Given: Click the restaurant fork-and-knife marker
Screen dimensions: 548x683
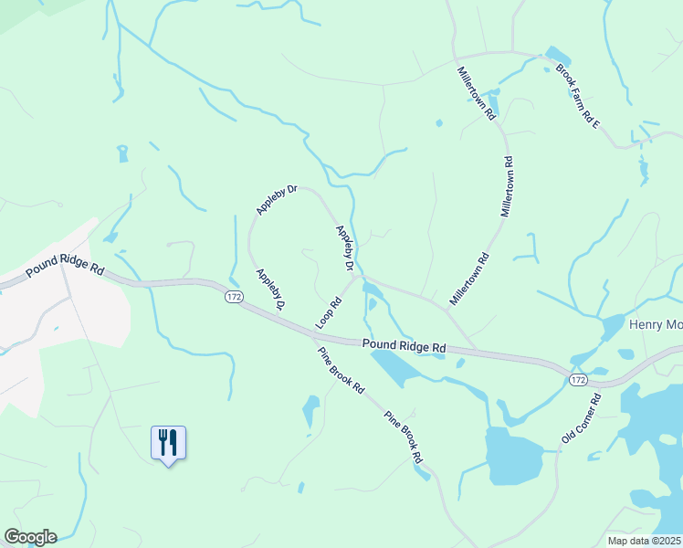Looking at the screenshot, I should pyautogui.click(x=168, y=443).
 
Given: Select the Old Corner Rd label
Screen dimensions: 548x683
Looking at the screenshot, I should pyautogui.click(x=581, y=419).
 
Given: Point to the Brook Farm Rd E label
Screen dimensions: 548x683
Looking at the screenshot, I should pyautogui.click(x=583, y=95).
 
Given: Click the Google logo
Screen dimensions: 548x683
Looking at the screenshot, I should pyautogui.click(x=30, y=537).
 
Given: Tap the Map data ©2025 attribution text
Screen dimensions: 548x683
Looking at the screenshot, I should pyautogui.click(x=644, y=541).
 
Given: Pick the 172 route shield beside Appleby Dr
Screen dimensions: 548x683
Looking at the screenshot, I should pyautogui.click(x=234, y=297).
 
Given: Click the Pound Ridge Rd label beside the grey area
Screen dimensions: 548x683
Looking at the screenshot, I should pyautogui.click(x=66, y=266).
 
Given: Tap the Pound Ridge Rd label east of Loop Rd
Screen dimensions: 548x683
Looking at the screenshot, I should pyautogui.click(x=404, y=347).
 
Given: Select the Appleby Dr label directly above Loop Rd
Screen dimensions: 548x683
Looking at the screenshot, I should pyautogui.click(x=344, y=248).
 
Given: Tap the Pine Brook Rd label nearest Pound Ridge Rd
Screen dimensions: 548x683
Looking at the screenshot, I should pyautogui.click(x=341, y=371).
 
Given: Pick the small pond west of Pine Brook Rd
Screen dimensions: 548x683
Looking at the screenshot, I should pyautogui.click(x=310, y=410).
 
